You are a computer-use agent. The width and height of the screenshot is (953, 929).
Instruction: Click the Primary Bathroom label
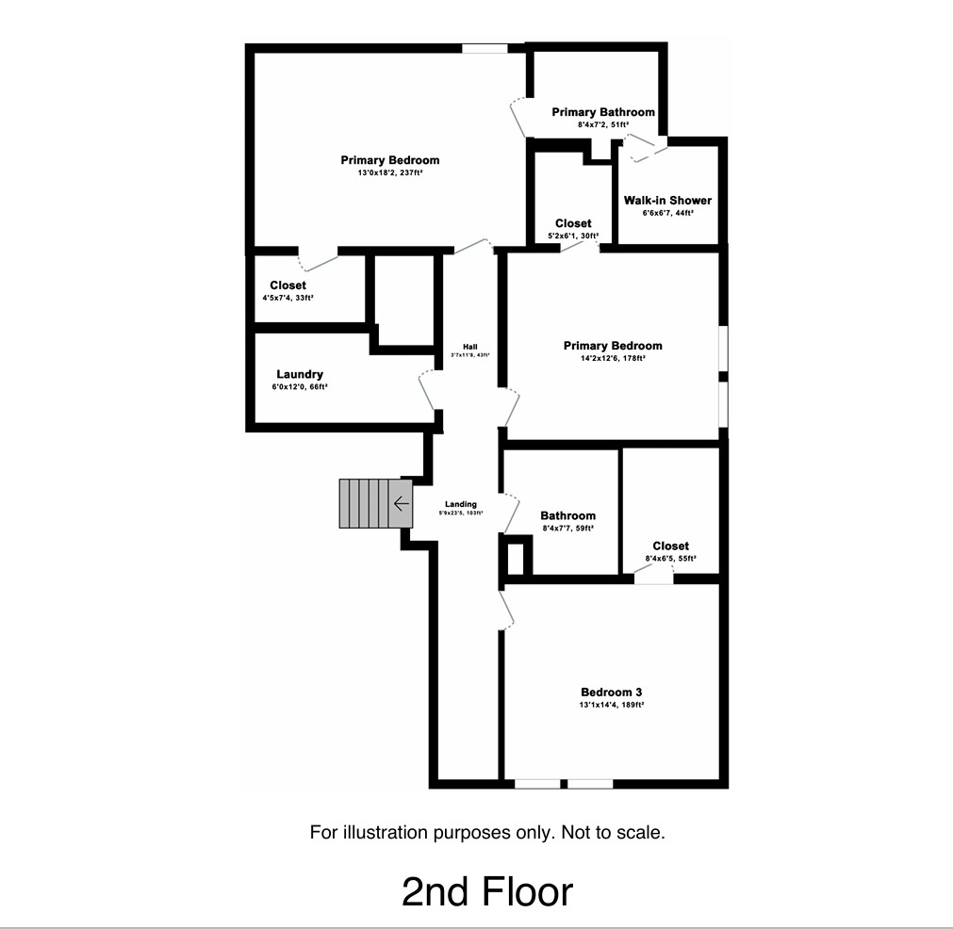(603, 112)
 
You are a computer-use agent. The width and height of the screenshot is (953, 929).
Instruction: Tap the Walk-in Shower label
(667, 200)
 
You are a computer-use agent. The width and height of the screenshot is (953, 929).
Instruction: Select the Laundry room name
(300, 374)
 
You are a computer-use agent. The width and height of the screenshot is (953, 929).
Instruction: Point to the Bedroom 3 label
(611, 693)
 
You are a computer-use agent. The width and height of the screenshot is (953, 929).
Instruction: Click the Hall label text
(469, 346)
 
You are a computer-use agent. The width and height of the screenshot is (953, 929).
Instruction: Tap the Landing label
(461, 504)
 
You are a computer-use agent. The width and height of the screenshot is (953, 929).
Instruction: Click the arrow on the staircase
(401, 504)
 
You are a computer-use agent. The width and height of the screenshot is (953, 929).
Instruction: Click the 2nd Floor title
(486, 891)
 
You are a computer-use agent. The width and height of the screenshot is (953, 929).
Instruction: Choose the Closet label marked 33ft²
(288, 285)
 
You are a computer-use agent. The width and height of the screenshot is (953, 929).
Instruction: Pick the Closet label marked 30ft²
(573, 223)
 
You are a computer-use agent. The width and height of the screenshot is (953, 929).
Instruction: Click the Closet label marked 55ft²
(670, 546)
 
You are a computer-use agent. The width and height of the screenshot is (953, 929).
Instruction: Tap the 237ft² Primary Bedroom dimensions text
(389, 173)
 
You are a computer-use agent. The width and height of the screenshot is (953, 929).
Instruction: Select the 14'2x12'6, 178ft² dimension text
(612, 358)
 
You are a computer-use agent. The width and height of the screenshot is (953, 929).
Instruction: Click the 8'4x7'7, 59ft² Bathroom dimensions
(567, 529)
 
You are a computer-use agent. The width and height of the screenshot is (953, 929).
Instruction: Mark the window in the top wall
(485, 48)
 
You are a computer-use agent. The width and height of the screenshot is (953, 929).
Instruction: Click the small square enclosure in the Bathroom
(516, 556)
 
